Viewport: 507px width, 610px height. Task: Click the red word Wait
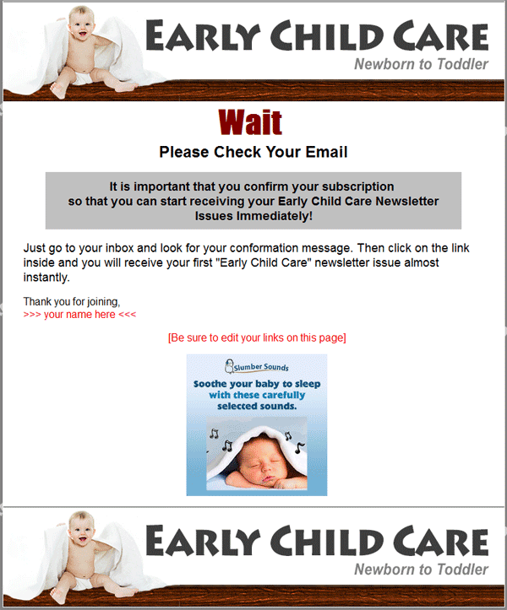click(250, 122)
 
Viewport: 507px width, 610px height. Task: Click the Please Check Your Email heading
click(253, 152)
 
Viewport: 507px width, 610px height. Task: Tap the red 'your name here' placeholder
click(79, 315)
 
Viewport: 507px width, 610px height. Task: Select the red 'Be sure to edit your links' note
click(257, 337)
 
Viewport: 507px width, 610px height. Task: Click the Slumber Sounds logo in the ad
click(257, 366)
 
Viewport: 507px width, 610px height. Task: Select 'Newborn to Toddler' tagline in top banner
click(421, 64)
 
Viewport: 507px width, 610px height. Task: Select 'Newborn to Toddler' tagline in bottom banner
click(421, 570)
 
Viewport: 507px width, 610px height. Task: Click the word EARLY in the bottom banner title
click(203, 541)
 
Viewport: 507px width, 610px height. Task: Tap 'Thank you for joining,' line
click(72, 302)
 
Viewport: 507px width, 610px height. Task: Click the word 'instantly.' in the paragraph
click(46, 278)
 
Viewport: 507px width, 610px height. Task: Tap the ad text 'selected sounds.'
click(257, 406)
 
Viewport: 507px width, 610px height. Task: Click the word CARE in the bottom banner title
click(440, 541)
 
